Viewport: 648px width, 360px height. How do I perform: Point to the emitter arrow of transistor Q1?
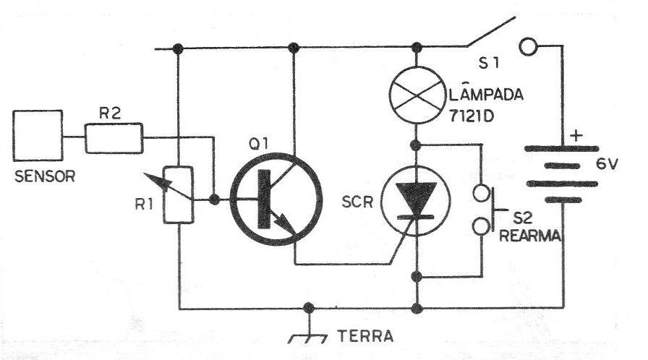284,224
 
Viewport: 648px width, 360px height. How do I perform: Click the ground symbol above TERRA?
308,333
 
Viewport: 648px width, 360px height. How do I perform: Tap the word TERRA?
365,335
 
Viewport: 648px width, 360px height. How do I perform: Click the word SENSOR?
45,176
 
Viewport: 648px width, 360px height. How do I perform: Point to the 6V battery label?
607,164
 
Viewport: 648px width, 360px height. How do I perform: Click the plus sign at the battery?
576,136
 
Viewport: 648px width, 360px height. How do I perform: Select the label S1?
489,63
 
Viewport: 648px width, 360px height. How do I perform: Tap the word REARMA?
530,236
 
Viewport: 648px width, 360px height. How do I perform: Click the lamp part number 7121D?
472,116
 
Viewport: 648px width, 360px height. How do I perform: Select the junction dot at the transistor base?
214,200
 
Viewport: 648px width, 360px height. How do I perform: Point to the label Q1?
259,144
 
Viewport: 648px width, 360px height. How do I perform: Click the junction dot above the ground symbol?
308,308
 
